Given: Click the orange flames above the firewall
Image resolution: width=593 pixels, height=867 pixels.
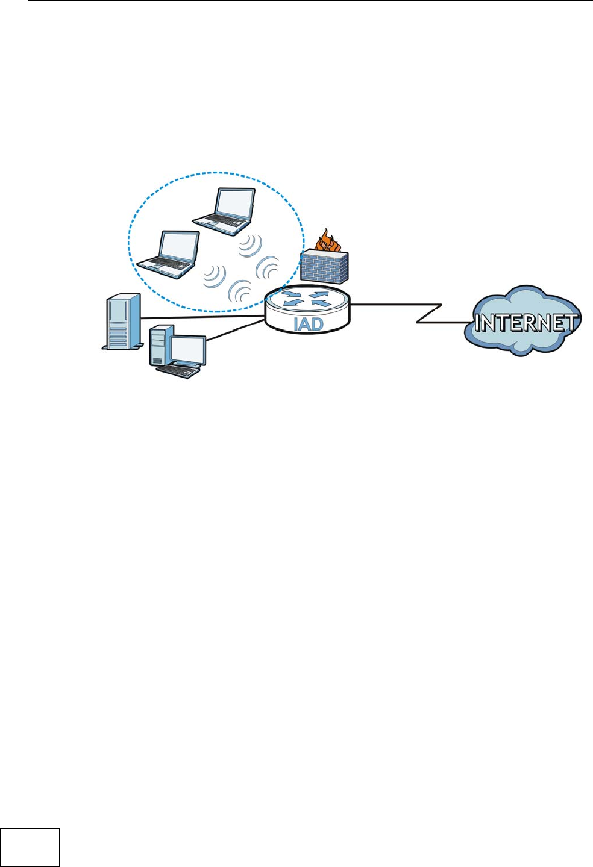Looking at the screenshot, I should tap(327, 240).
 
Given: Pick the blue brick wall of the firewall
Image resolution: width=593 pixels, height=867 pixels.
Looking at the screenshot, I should tap(324, 267).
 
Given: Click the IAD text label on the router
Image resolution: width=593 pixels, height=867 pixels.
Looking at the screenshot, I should tap(308, 324).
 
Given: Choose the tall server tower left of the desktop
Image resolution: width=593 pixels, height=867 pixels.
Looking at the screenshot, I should tap(122, 322).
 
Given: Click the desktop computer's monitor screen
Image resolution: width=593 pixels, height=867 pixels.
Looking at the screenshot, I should tap(187, 349).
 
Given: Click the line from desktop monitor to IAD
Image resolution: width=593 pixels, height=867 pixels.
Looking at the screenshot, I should tap(235, 330).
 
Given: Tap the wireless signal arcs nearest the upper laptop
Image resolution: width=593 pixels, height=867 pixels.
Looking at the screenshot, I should tap(250, 246).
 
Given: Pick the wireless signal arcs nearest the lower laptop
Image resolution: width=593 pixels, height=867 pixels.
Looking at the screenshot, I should tap(214, 276).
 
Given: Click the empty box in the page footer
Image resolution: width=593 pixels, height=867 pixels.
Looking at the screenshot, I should tap(30, 848).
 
